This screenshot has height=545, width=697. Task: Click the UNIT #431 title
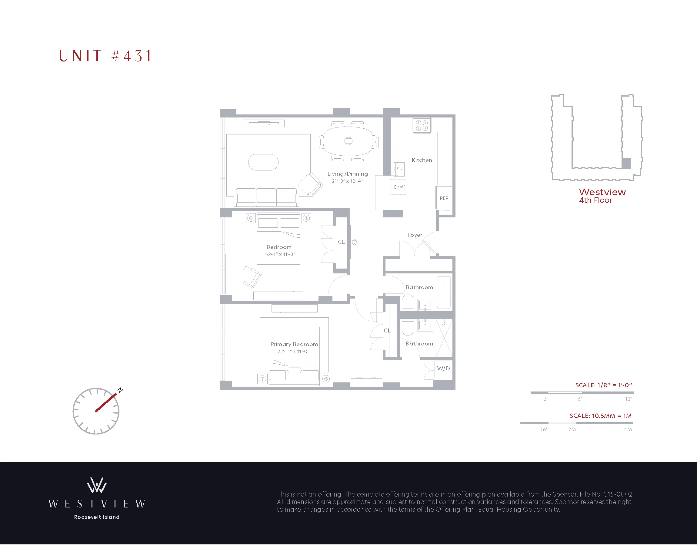105,56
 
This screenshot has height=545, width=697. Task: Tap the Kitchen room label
422,160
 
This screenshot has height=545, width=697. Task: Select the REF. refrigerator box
444,198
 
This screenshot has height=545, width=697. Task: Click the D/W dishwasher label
399,187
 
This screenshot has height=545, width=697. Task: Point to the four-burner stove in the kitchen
422,125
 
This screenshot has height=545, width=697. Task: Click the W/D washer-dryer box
443,368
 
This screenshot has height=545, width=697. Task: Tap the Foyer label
415,235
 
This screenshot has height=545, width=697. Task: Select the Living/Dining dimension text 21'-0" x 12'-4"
347,181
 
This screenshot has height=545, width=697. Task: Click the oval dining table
348,141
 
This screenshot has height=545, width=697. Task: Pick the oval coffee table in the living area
263,162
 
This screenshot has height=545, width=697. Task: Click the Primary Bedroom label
294,344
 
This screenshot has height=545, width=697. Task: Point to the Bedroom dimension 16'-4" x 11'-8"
280,254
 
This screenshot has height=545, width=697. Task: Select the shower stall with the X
444,338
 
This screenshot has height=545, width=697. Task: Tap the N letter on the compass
120,390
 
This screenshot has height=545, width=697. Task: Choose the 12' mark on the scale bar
628,399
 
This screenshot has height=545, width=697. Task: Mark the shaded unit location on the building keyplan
626,163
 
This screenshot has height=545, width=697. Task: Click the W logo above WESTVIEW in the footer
97,485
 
